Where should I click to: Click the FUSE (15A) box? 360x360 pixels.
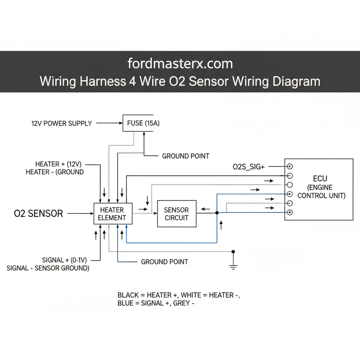pos(143,123)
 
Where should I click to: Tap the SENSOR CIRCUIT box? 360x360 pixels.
pos(176,213)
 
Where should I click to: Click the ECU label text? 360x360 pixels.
pos(320,179)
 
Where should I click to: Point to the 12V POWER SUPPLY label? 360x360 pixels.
pos(62,123)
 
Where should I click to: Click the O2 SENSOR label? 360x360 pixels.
pos(39,213)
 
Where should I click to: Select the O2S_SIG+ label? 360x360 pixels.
pos(248,167)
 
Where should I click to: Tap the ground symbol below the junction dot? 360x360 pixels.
pos(233,266)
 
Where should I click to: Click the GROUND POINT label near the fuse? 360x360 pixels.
pos(185,156)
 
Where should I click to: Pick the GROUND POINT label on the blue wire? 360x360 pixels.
pos(165,262)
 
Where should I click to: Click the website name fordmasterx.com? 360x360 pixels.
pos(180,64)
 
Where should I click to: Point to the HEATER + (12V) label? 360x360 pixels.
pos(58,164)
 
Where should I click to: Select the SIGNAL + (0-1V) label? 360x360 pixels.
pos(67,260)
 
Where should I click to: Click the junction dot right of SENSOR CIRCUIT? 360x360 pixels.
pos(217,213)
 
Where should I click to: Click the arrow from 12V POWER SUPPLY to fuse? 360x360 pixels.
pos(109,123)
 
